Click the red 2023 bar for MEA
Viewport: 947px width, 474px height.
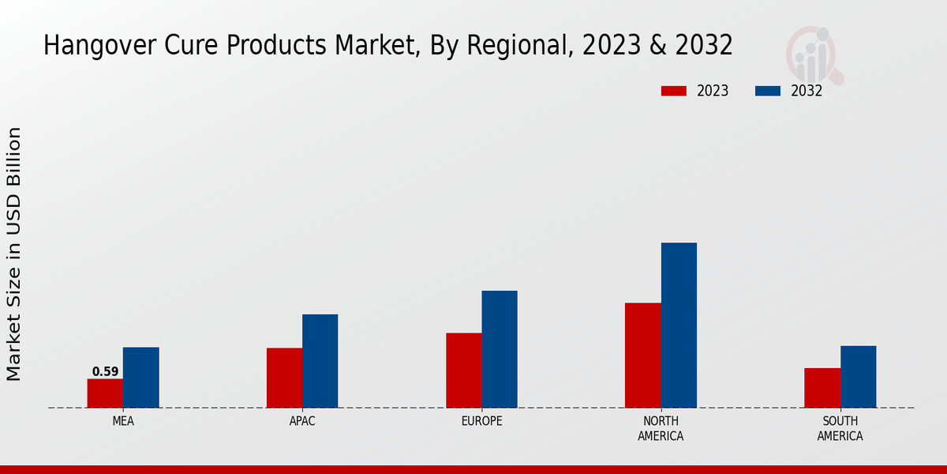[x=105, y=393]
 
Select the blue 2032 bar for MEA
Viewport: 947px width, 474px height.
[x=140, y=378]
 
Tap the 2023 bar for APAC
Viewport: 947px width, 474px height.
[x=284, y=378]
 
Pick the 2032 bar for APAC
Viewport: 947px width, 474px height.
[x=320, y=361]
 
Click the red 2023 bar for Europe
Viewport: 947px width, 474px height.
[x=463, y=371]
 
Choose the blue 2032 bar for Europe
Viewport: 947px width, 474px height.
[x=500, y=349]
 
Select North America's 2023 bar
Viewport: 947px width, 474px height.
[x=642, y=355]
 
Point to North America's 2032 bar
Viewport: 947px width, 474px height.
[x=679, y=325]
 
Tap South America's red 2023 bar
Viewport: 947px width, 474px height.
[x=822, y=388]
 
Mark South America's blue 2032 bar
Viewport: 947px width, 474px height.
[x=858, y=377]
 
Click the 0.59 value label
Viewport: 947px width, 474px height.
[x=105, y=371]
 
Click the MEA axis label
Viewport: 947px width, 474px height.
[x=123, y=421]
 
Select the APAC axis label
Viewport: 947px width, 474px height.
[x=302, y=421]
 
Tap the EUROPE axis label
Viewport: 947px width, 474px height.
[x=481, y=421]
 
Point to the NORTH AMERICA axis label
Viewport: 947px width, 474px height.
[x=661, y=428]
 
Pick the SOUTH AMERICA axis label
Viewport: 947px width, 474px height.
[x=840, y=428]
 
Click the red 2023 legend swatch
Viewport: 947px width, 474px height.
[x=674, y=91]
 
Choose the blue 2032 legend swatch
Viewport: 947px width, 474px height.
[x=768, y=91]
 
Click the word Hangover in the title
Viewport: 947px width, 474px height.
[x=92, y=46]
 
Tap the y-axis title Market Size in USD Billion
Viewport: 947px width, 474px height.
[x=14, y=254]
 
